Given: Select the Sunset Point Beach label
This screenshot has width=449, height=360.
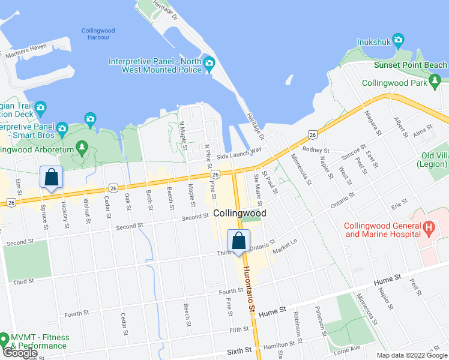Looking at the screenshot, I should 411,65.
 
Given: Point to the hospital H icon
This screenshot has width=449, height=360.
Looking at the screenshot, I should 429,228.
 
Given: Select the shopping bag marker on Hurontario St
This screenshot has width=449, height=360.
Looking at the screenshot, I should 238,241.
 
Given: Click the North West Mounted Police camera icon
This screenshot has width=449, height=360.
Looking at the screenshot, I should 209,64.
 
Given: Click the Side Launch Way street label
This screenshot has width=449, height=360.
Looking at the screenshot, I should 240,152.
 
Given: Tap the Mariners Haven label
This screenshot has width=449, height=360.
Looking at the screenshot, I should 26,50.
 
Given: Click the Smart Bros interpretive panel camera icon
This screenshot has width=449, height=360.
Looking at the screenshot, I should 62,128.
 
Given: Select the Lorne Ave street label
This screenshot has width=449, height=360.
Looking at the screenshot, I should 348,348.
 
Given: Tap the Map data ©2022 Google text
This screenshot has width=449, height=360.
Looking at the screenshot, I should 411,355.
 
